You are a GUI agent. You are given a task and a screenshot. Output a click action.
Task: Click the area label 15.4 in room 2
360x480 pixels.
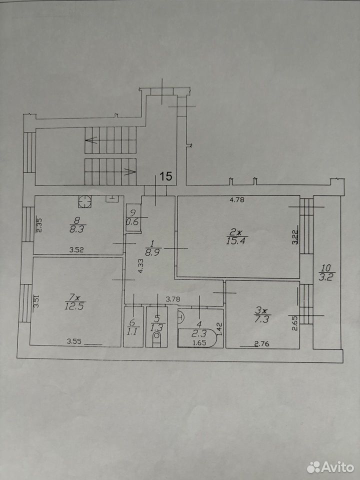(x=237, y=241)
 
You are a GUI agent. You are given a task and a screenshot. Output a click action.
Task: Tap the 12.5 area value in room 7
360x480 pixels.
(x=75, y=306)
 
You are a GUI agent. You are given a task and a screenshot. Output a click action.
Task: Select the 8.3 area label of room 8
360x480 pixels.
(x=76, y=229)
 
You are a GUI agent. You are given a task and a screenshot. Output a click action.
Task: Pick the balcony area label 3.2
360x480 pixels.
(x=327, y=278)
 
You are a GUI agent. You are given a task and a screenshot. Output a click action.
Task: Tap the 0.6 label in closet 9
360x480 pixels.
(x=132, y=222)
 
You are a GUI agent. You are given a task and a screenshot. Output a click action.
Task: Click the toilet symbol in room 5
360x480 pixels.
(x=156, y=339)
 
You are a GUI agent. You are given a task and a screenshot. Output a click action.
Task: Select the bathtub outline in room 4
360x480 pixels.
(x=197, y=338)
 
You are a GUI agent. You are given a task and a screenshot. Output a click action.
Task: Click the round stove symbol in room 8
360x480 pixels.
(x=85, y=201)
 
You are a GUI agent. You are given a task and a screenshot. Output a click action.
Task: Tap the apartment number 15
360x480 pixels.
(x=166, y=176)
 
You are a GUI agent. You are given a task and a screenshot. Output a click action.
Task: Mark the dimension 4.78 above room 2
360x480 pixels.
(x=236, y=200)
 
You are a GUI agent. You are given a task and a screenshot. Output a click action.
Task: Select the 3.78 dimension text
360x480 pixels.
(x=173, y=299)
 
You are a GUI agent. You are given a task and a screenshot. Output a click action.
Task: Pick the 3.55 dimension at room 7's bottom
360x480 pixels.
(x=74, y=341)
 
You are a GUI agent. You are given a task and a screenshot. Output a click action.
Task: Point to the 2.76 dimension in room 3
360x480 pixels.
(x=262, y=344)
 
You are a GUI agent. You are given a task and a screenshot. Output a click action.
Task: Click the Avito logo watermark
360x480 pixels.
(x=330, y=467)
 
